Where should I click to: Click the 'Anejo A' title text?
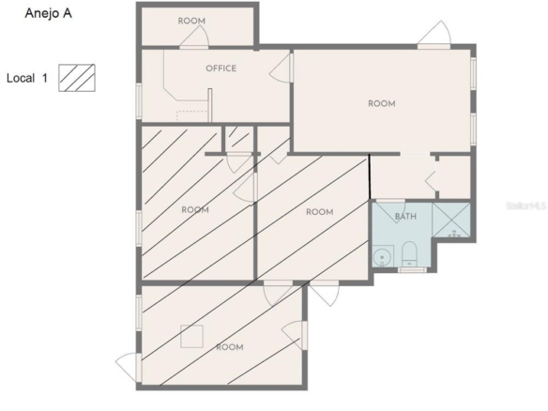(48, 13)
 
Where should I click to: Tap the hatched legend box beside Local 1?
(77, 78)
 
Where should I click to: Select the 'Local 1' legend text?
(27, 78)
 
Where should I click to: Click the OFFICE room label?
(221, 68)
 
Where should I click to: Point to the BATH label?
(405, 217)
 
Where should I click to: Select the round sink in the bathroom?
(382, 257)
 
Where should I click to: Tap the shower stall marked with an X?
(451, 220)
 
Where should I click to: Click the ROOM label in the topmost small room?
(191, 21)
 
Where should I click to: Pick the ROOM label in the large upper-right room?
(382, 104)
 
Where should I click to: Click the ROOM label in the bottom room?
(230, 347)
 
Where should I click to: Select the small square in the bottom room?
(191, 336)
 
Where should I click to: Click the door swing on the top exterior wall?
(434, 34)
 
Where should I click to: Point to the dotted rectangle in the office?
(191, 116)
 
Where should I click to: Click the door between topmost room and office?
(194, 38)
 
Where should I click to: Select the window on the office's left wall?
(139, 100)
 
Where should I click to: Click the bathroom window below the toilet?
(412, 270)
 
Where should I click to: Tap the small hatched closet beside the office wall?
(239, 138)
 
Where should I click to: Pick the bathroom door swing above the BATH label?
(390, 211)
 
